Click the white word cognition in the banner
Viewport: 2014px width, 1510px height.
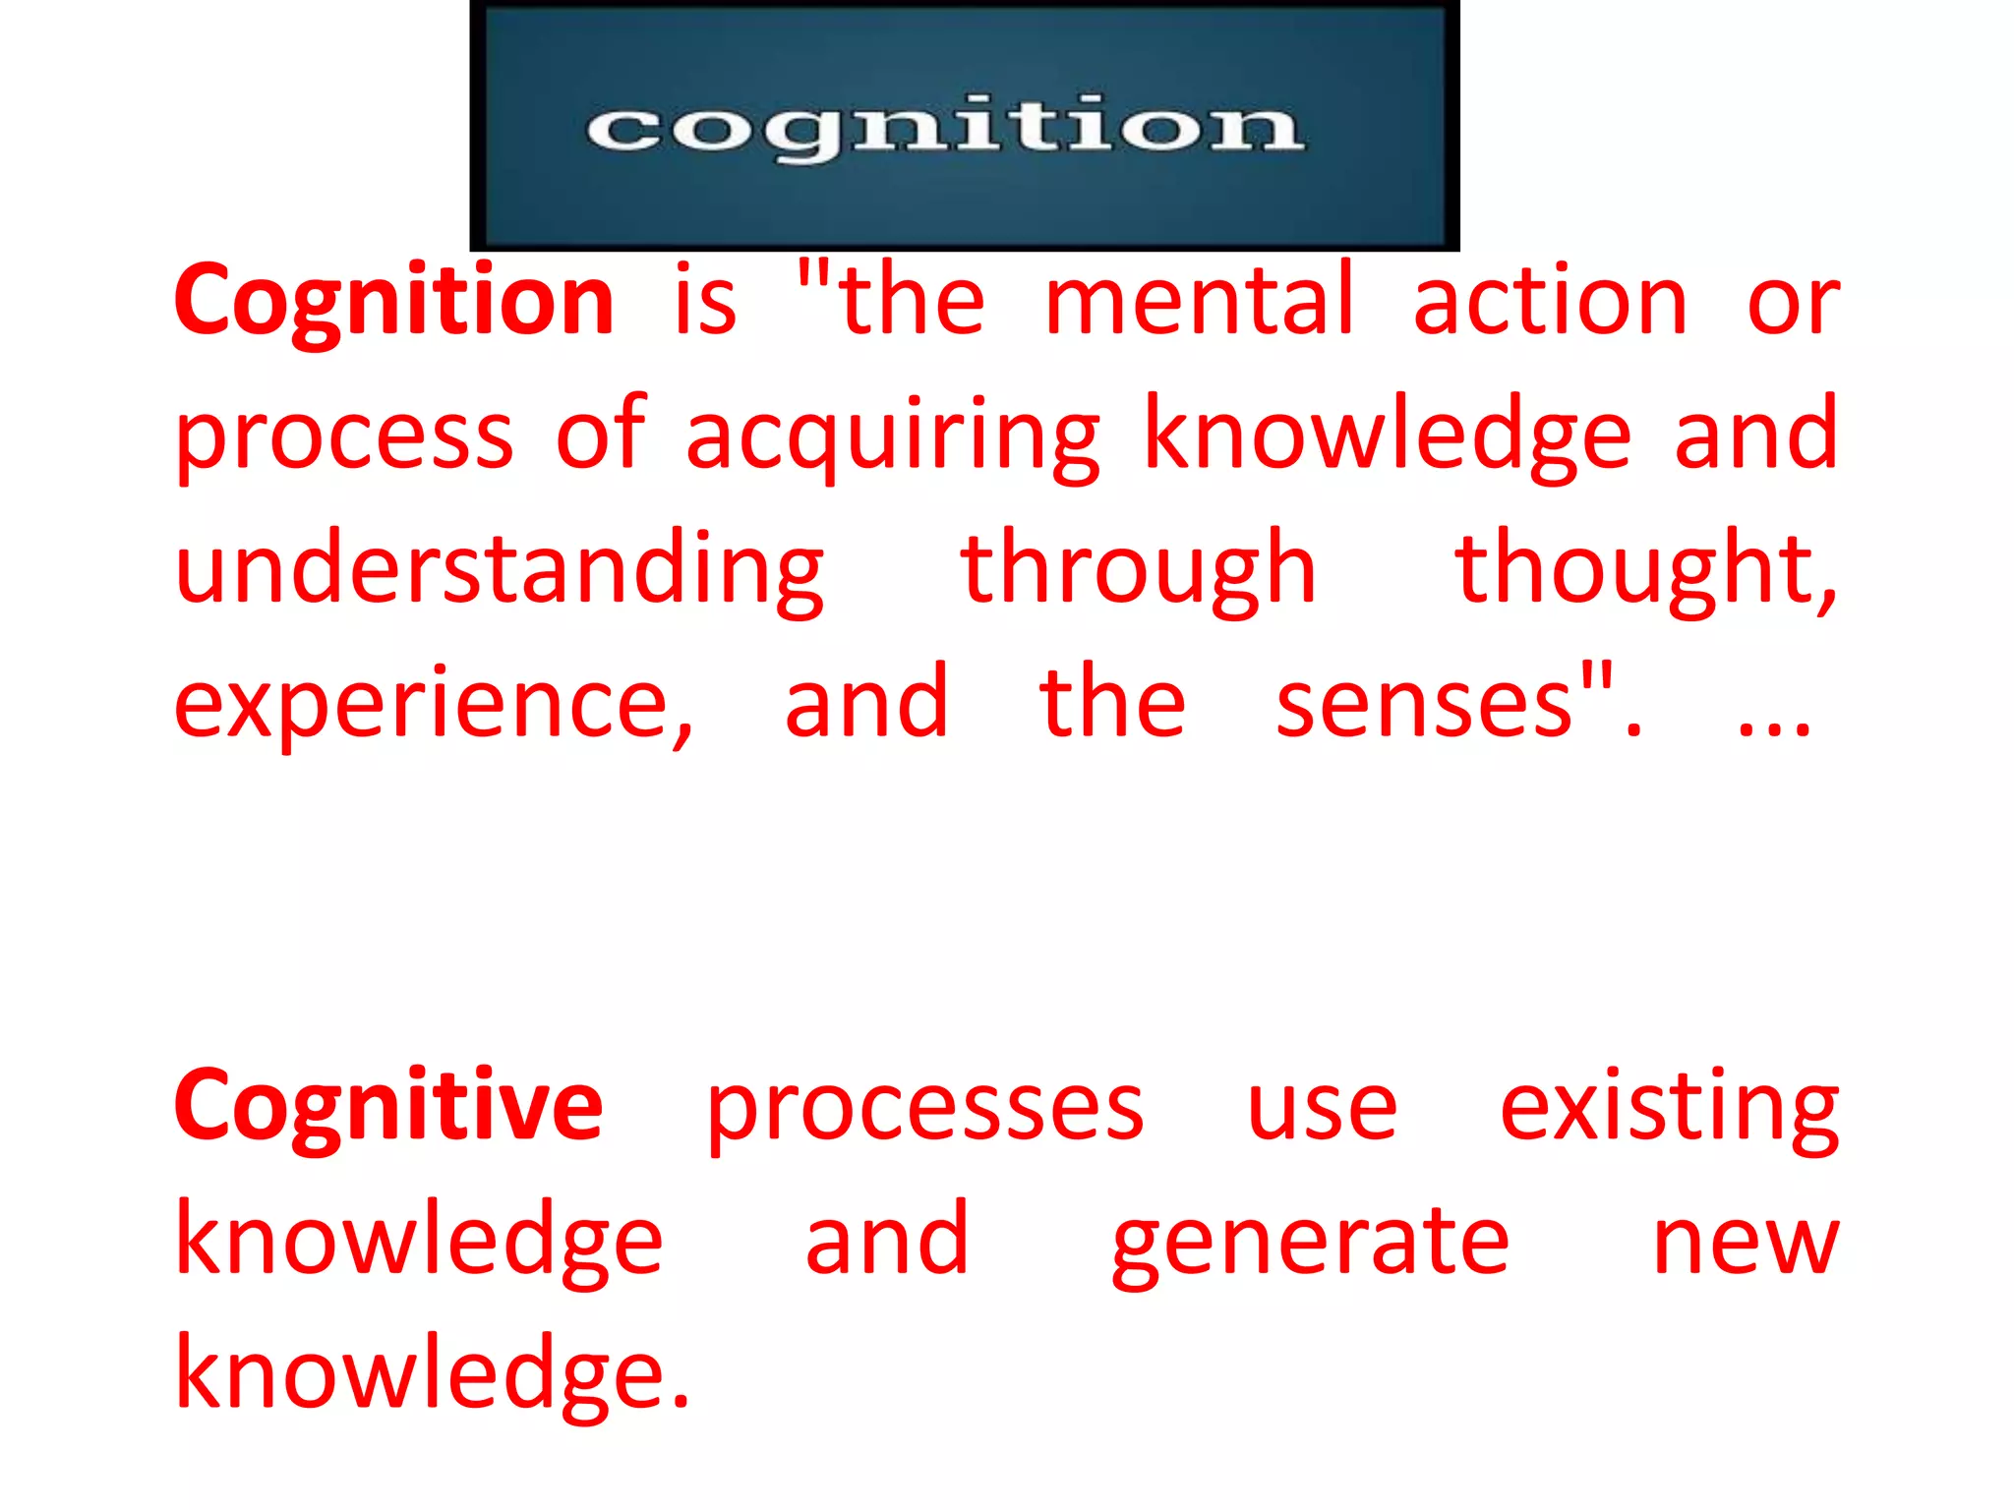click(x=945, y=128)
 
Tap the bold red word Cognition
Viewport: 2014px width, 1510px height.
click(x=394, y=301)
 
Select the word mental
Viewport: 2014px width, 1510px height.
click(x=1200, y=301)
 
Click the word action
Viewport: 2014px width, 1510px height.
click(x=1551, y=301)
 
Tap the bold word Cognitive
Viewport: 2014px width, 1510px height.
click(x=388, y=1107)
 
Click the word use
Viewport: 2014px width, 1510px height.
click(x=1322, y=1111)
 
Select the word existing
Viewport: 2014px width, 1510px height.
click(x=1669, y=1107)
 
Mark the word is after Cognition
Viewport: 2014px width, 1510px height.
click(x=705, y=301)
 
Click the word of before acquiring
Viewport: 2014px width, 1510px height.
click(x=601, y=433)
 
